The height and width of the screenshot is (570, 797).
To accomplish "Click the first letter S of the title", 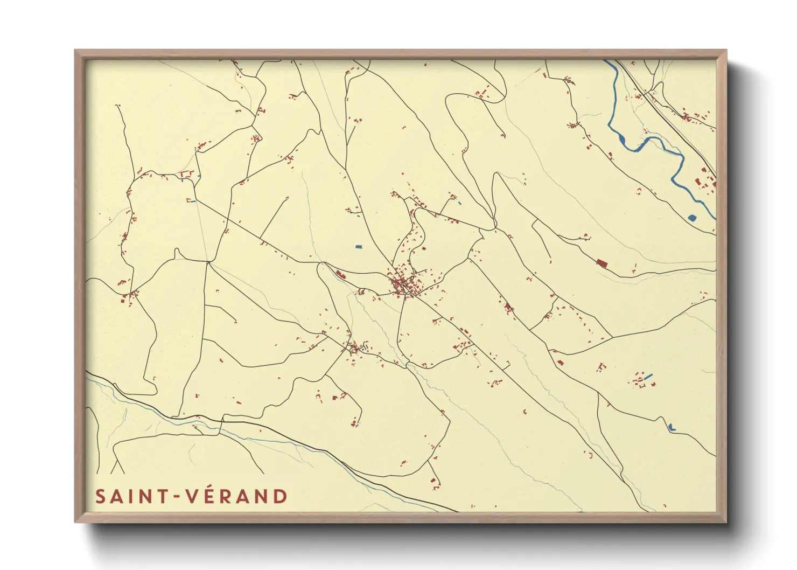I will [x=100, y=496].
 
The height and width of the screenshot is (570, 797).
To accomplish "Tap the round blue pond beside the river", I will [x=692, y=218].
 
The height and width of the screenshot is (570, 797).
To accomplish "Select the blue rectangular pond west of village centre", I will [x=359, y=247].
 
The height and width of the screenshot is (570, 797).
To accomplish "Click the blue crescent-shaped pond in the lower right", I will [x=670, y=427].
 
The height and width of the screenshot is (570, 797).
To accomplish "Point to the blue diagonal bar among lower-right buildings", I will [x=648, y=376].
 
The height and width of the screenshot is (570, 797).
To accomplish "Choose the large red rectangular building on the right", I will [x=602, y=263].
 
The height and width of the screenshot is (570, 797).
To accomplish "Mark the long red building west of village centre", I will [x=340, y=275].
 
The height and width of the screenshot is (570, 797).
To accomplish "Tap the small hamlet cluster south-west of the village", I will [x=354, y=347].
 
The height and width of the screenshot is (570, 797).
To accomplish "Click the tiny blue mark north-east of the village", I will [x=459, y=203].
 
